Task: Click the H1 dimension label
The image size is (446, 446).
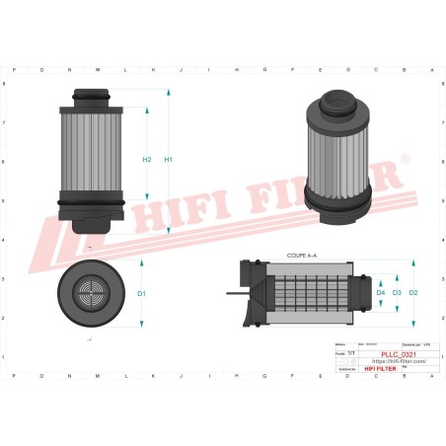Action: [x=169, y=160]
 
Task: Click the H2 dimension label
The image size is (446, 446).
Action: [x=146, y=160]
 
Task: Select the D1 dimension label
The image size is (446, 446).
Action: [x=141, y=294]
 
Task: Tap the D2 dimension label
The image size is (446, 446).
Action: [x=412, y=293]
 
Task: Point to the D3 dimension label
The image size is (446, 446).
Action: [x=397, y=293]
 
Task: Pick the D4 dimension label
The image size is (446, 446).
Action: [x=381, y=293]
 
